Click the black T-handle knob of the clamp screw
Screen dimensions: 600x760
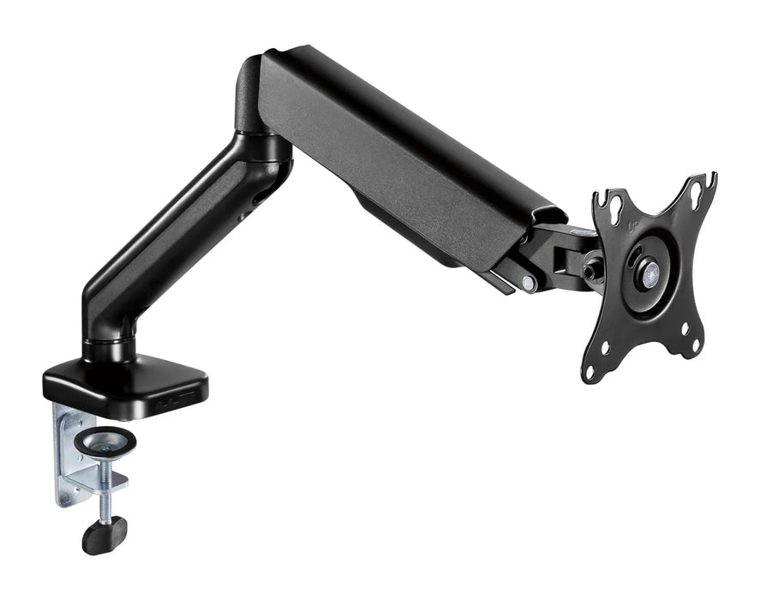point(104,535)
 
